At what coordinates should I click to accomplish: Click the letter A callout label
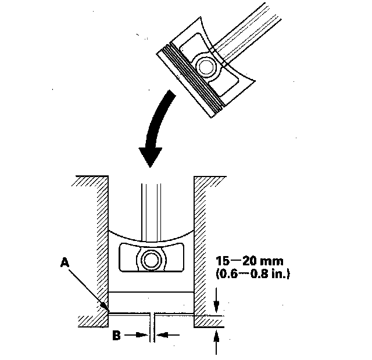(65, 262)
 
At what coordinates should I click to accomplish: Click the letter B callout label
(116, 336)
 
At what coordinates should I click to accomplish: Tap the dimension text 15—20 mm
(249, 261)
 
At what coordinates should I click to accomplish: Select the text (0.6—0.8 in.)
(253, 273)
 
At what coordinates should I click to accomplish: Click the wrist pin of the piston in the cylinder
(151, 260)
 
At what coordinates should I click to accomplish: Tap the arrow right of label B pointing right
(137, 335)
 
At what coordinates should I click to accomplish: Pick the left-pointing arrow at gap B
(168, 335)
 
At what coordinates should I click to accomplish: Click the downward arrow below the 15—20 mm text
(216, 301)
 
